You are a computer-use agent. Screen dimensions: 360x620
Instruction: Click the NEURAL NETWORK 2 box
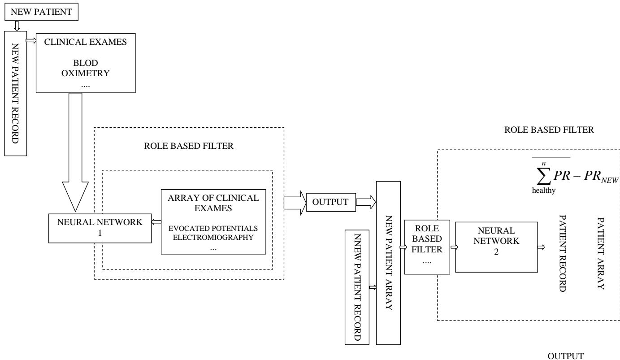496,246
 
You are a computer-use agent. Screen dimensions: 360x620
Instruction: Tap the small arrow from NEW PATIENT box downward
17,26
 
